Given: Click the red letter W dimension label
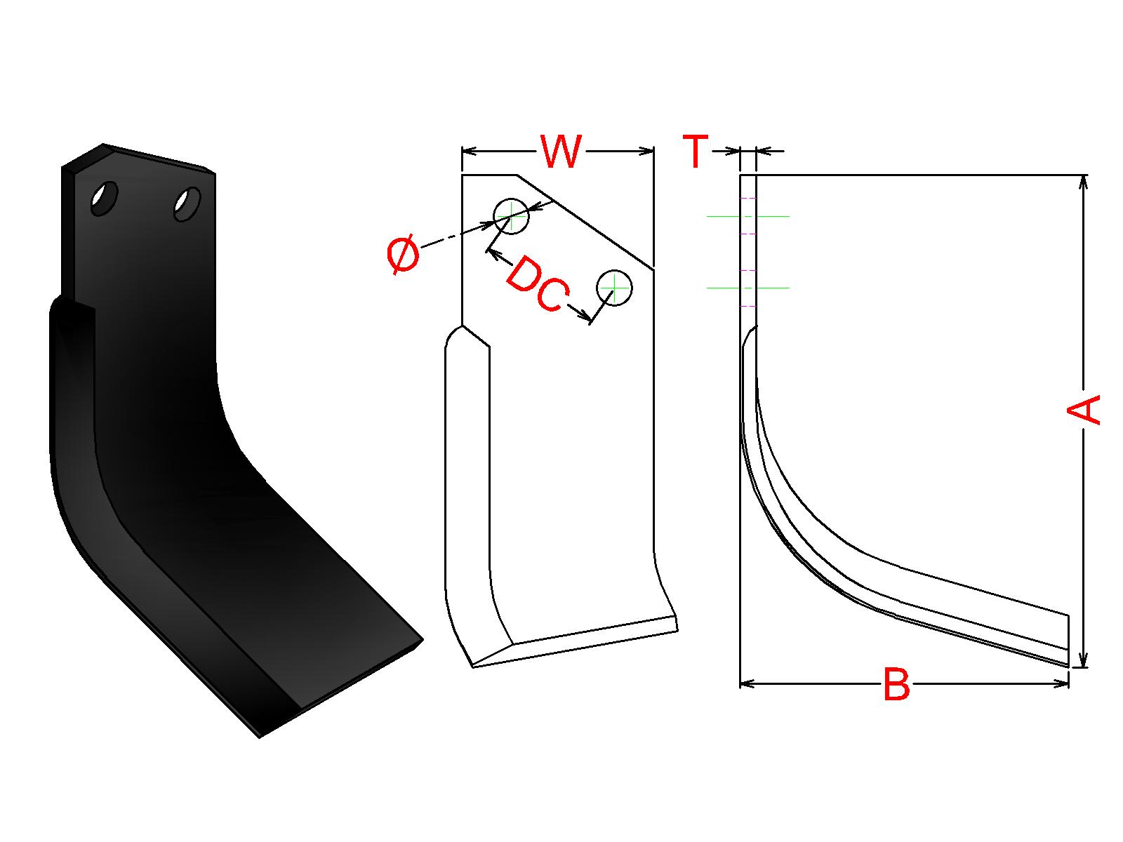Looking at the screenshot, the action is [x=561, y=152].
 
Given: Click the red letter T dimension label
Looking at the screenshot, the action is [x=696, y=151].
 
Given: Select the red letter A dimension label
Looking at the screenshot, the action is [x=1084, y=410].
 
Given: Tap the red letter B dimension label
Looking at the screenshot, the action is [x=896, y=684].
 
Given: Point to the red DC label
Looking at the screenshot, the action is [x=537, y=284].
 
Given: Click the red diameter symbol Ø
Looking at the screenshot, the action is [x=403, y=255].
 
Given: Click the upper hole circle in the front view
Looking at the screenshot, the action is [x=510, y=217].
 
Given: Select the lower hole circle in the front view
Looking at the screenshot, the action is [x=614, y=288].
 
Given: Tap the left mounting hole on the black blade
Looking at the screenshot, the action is [x=105, y=199].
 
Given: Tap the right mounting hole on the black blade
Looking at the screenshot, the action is [x=187, y=204].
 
